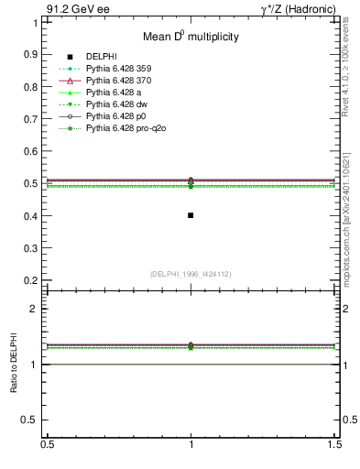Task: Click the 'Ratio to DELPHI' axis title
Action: pyautogui.click(x=15, y=364)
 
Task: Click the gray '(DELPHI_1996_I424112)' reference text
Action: pyautogui.click(x=190, y=273)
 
